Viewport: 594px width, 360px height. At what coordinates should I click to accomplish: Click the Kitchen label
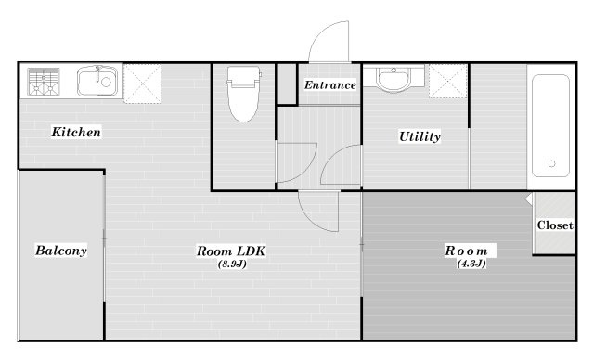76,132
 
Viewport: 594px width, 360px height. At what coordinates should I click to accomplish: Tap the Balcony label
61,251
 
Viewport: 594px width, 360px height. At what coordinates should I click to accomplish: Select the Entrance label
330,84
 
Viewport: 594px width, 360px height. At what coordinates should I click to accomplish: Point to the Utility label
420,136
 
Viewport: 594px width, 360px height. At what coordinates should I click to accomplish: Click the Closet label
555,225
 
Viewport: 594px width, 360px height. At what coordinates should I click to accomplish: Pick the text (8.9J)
232,264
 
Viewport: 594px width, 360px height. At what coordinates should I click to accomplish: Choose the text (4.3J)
471,264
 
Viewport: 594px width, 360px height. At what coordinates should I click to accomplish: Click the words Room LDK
231,251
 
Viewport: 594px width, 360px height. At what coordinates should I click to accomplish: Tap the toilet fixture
243,95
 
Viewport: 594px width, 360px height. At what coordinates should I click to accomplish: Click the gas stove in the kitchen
44,82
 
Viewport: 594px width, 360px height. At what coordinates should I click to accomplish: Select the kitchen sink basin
97,82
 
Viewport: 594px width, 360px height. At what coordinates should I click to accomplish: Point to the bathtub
550,125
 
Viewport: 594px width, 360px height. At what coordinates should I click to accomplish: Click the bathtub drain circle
551,163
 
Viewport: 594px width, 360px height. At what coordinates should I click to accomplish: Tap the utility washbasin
394,79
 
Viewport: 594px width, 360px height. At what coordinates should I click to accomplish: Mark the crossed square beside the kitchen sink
142,84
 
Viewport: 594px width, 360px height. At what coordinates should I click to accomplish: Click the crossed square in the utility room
447,82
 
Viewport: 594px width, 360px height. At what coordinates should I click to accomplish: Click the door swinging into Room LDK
318,212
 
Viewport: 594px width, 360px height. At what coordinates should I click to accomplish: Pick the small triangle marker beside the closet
529,199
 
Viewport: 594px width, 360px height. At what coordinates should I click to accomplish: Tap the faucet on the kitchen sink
97,73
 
